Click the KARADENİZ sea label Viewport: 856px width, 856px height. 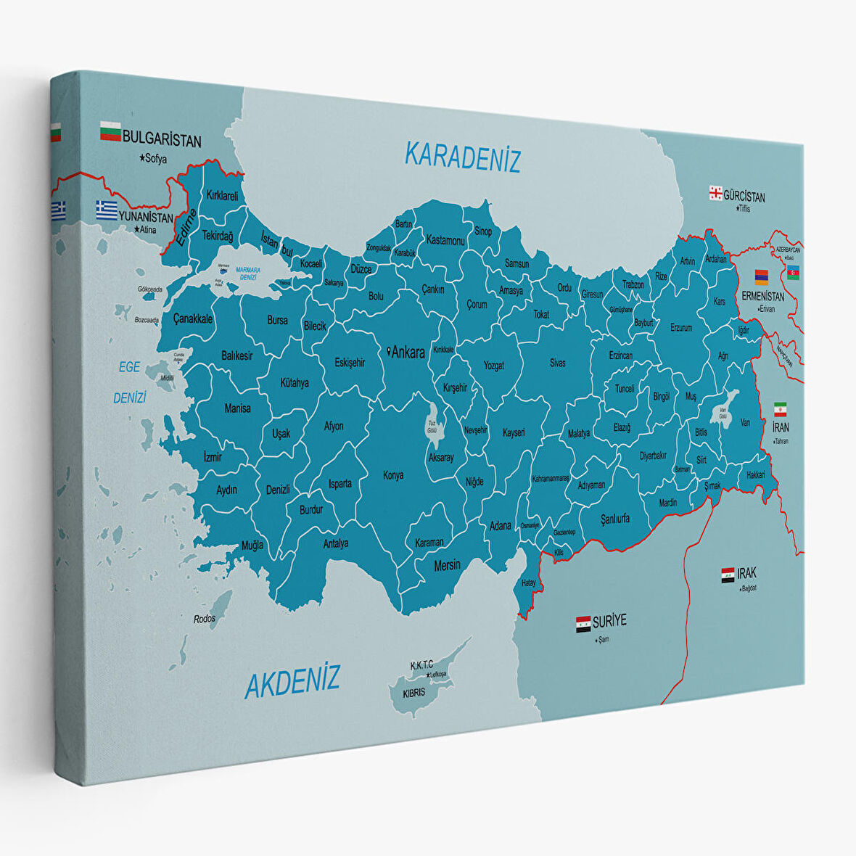tap(462, 157)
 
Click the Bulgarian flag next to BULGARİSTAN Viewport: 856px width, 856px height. tap(110, 131)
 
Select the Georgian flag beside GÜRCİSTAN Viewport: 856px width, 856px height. tap(715, 193)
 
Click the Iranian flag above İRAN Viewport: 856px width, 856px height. tap(780, 408)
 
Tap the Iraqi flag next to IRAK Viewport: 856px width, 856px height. tap(728, 575)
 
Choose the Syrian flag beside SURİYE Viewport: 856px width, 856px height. tap(583, 625)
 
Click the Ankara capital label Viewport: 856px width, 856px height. tap(407, 353)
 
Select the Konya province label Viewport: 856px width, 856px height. tap(393, 475)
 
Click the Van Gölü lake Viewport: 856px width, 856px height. tap(723, 411)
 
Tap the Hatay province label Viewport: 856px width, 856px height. tap(528, 583)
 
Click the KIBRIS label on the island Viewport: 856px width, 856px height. tap(413, 692)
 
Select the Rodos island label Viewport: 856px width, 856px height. tap(205, 619)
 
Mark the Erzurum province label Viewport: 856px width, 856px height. tap(680, 328)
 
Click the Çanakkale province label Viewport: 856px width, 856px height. tap(193, 318)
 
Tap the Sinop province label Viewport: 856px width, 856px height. tap(483, 231)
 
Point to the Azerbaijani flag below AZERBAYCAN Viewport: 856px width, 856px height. tap(793, 272)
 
